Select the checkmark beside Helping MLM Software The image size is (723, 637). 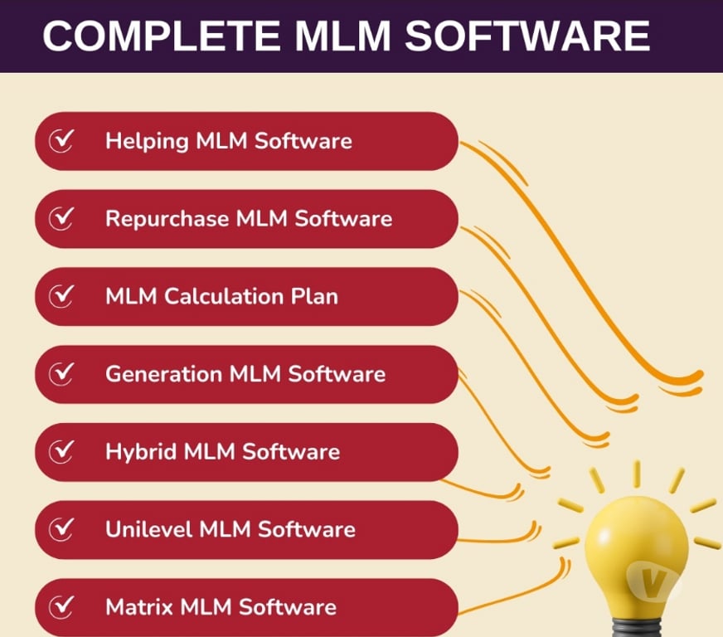click(61, 141)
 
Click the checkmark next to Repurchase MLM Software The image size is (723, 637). click(61, 219)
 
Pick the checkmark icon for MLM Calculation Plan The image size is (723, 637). click(61, 296)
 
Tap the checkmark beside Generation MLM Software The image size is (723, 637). click(61, 374)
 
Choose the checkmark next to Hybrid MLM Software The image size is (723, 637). click(61, 452)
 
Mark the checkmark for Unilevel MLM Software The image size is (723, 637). click(61, 529)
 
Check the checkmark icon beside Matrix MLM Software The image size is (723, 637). click(61, 607)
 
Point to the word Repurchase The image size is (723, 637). click(167, 219)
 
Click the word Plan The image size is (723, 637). click(315, 296)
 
